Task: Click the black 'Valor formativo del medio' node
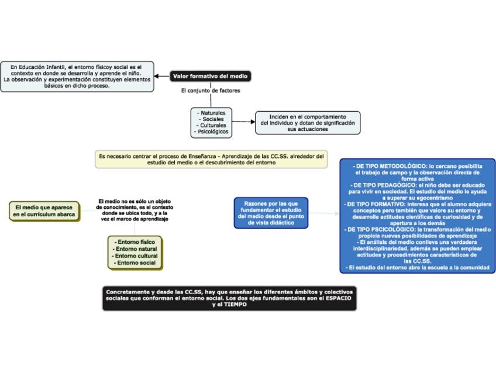211,76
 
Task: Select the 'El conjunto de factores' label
211,91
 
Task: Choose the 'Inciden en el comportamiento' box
308,123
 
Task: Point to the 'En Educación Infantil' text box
77,76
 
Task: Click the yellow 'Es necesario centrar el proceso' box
211,160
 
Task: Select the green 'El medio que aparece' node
44,211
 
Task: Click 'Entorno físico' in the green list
135,241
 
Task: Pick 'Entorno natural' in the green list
135,249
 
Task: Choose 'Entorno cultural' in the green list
136,256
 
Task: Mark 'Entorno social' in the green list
135,263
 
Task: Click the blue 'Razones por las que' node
271,213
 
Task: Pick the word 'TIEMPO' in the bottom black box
236,305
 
